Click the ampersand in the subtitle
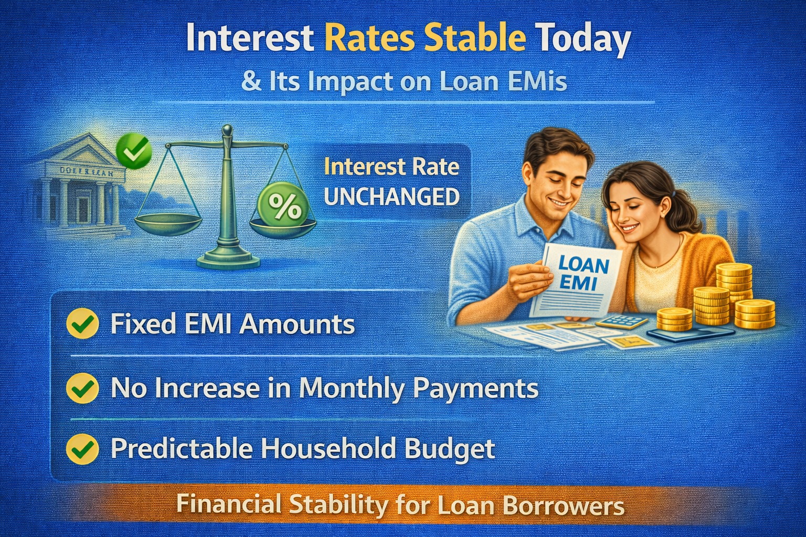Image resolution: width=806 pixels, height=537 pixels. click(252, 83)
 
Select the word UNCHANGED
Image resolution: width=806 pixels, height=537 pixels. click(391, 197)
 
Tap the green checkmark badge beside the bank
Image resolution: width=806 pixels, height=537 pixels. click(133, 151)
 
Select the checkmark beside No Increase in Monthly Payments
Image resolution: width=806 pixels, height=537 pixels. click(83, 388)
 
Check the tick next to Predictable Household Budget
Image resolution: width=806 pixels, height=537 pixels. click(83, 449)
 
